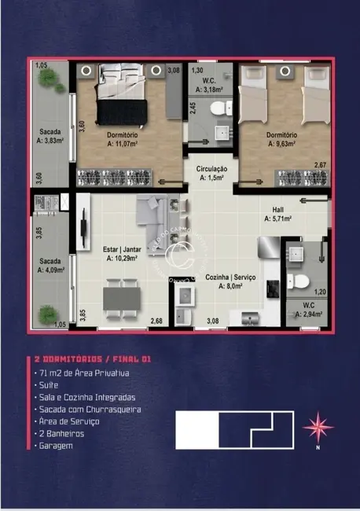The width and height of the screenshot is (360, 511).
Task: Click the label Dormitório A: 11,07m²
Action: click(122, 139)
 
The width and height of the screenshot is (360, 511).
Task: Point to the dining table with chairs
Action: click(121, 298)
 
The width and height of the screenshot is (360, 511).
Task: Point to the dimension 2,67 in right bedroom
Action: click(320, 165)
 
